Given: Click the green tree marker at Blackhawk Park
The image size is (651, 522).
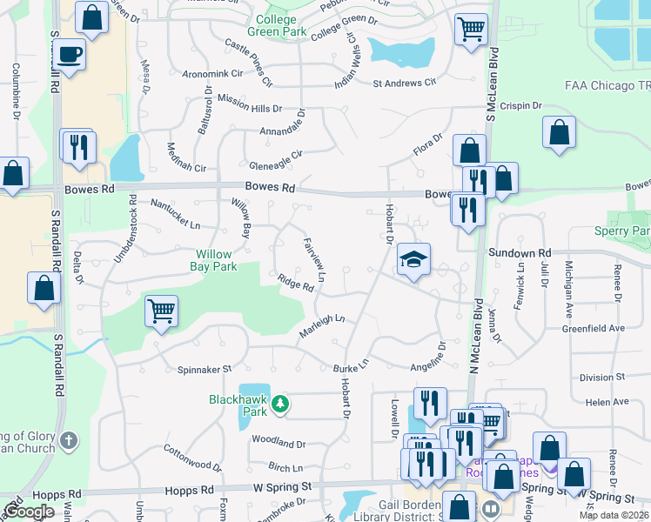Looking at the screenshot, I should (x=280, y=404).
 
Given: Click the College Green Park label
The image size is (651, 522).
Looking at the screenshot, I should (x=282, y=25).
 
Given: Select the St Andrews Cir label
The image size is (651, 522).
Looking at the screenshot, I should (x=404, y=84).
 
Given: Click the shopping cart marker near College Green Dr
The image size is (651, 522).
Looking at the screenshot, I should (x=471, y=30).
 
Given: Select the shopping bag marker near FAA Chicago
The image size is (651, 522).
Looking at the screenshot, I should (x=559, y=134).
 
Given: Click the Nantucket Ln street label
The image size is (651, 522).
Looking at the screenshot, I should (x=176, y=214).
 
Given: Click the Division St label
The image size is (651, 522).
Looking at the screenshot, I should (x=596, y=378).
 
